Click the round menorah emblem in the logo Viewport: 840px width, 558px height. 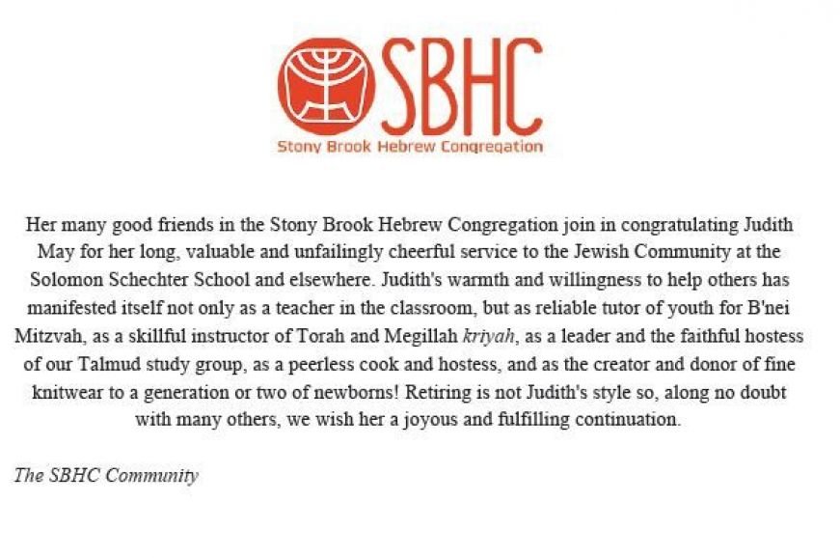pyautogui.click(x=326, y=87)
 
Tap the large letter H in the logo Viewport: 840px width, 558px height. pyautogui.click(x=458, y=88)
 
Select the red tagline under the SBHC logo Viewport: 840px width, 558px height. pyautogui.click(x=410, y=148)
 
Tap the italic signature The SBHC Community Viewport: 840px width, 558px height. pyautogui.click(x=106, y=476)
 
